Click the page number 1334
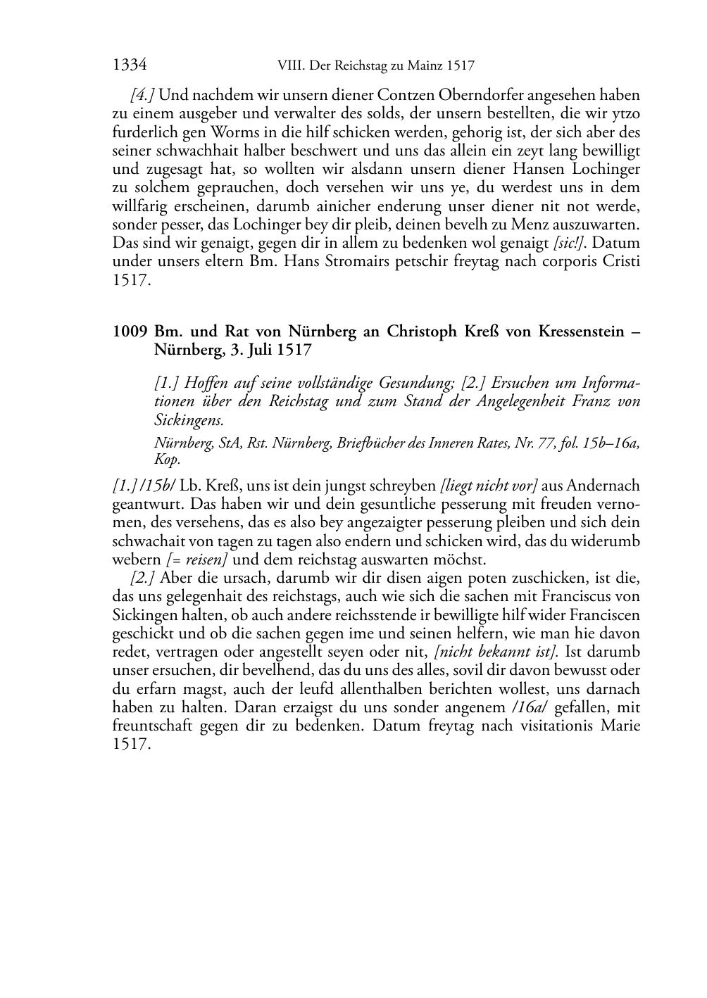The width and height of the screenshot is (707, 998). click(x=129, y=66)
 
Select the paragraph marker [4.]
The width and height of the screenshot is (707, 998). click(x=144, y=95)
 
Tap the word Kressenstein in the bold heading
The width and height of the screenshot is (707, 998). click(x=582, y=331)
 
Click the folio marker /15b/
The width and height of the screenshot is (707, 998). click(x=161, y=486)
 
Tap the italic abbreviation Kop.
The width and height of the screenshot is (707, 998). click(x=168, y=460)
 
